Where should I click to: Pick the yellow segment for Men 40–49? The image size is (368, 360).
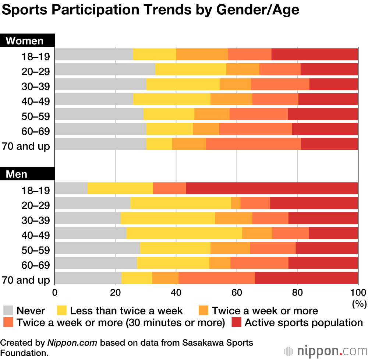[184, 233]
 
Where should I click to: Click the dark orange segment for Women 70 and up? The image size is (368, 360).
[253, 144]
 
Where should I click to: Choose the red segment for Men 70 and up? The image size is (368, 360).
[306, 278]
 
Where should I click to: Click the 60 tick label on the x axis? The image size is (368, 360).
[236, 293]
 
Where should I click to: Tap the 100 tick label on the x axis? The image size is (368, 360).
[358, 293]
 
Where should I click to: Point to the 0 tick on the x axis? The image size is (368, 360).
[55, 293]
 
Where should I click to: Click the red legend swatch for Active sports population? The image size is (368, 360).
[236, 322]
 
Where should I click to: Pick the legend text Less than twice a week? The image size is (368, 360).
[126, 311]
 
